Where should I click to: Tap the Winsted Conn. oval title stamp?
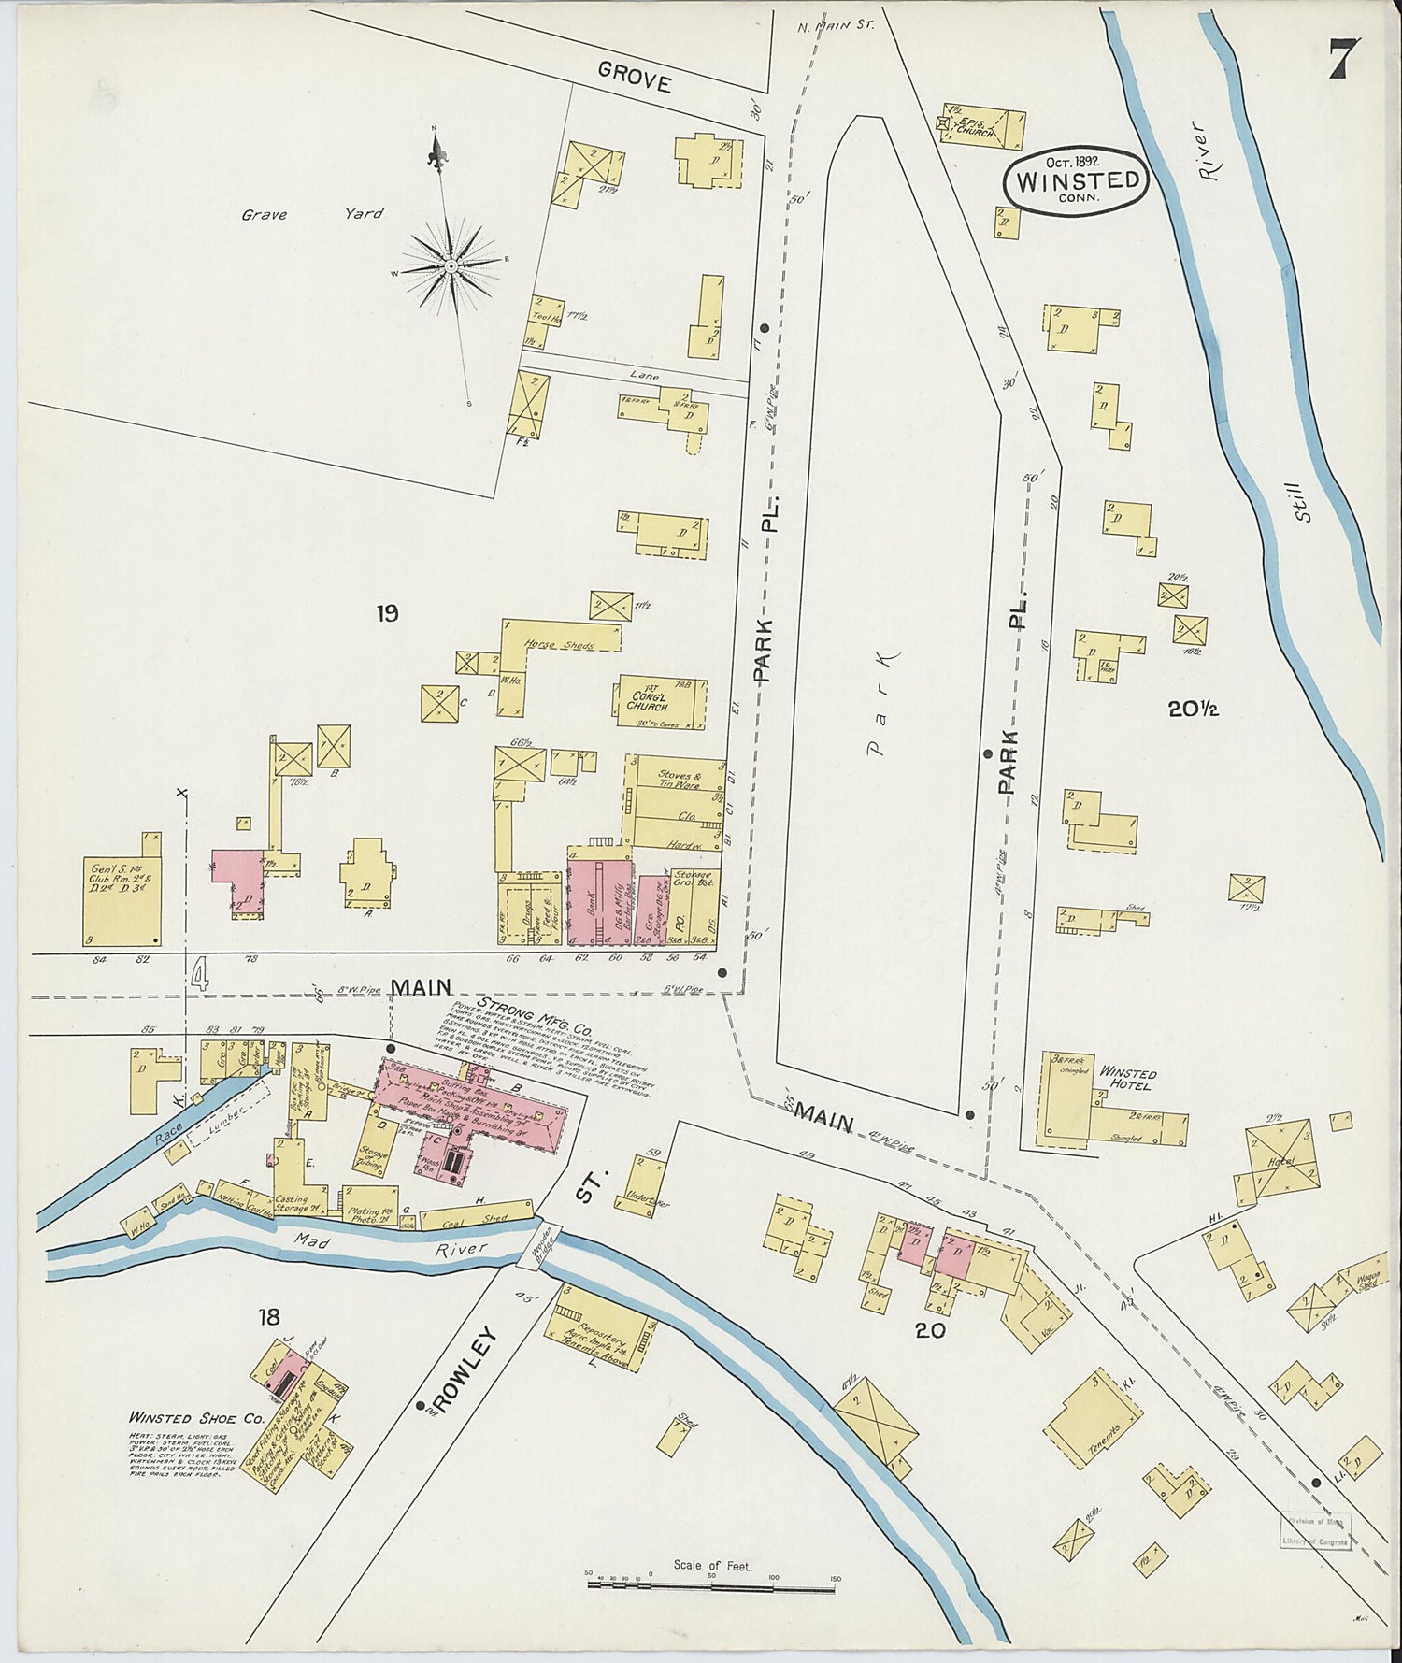(x=1076, y=181)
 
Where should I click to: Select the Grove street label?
(x=636, y=82)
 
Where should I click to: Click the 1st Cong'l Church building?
(x=660, y=701)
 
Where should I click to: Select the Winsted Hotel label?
(x=1129, y=1079)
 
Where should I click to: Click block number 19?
(x=387, y=613)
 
